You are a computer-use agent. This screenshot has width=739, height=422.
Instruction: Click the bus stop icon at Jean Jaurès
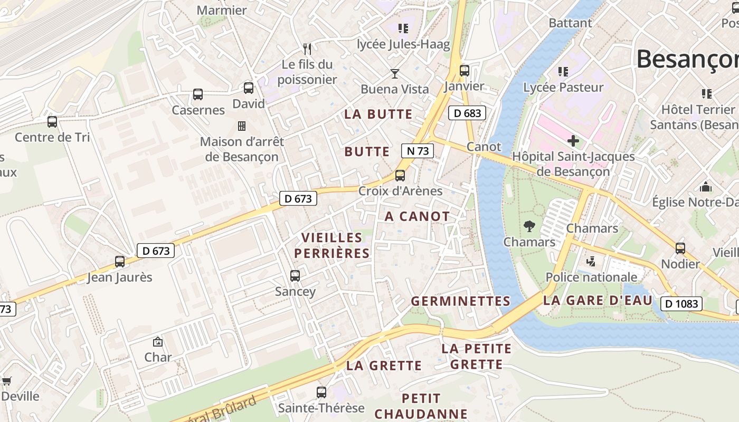120,261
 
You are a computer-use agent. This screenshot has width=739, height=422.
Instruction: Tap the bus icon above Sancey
295,275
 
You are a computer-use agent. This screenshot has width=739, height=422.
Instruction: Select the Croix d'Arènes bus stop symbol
400,175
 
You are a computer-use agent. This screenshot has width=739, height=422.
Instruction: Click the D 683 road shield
467,113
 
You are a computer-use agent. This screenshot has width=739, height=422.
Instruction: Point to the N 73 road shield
417,151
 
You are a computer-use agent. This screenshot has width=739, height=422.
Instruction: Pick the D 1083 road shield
681,303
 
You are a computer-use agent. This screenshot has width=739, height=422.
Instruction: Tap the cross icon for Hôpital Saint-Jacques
573,140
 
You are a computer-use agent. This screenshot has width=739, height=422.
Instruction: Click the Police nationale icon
591,261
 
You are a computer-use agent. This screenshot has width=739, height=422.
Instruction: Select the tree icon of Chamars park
529,226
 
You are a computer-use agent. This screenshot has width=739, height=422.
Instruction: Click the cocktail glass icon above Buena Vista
394,73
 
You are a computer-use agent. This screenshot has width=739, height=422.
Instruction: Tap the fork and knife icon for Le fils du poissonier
307,49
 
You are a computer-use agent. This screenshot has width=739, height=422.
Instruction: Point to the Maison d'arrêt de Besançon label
242,149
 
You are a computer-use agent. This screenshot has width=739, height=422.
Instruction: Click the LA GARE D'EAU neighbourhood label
598,301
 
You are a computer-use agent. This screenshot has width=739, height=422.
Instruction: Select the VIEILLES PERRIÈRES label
332,245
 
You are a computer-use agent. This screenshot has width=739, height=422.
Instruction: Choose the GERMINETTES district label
460,301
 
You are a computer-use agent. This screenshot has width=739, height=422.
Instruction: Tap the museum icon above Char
157,342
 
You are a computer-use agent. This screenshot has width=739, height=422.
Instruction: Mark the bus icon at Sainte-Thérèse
321,392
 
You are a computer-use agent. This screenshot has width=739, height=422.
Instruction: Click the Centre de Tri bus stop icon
52,122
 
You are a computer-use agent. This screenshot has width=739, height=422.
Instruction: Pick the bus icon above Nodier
680,248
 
